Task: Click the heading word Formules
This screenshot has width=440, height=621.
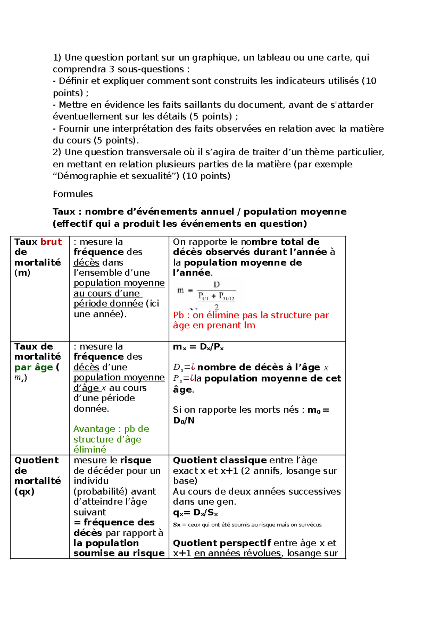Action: click(73, 194)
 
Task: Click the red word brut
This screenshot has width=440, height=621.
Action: click(51, 242)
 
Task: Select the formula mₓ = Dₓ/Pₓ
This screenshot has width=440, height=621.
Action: click(198, 347)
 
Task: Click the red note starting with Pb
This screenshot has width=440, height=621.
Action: click(250, 320)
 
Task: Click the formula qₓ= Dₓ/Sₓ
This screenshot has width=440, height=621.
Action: click(195, 513)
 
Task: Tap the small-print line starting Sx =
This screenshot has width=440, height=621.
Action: click(247, 525)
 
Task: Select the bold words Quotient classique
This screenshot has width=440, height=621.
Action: click(220, 460)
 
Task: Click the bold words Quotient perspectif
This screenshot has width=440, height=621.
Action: click(222, 543)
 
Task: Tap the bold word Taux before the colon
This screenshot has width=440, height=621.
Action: click(65, 212)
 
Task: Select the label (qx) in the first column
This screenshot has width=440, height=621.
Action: click(24, 491)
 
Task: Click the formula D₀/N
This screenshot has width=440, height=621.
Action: click(184, 421)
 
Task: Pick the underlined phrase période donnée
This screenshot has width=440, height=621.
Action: click(108, 304)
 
